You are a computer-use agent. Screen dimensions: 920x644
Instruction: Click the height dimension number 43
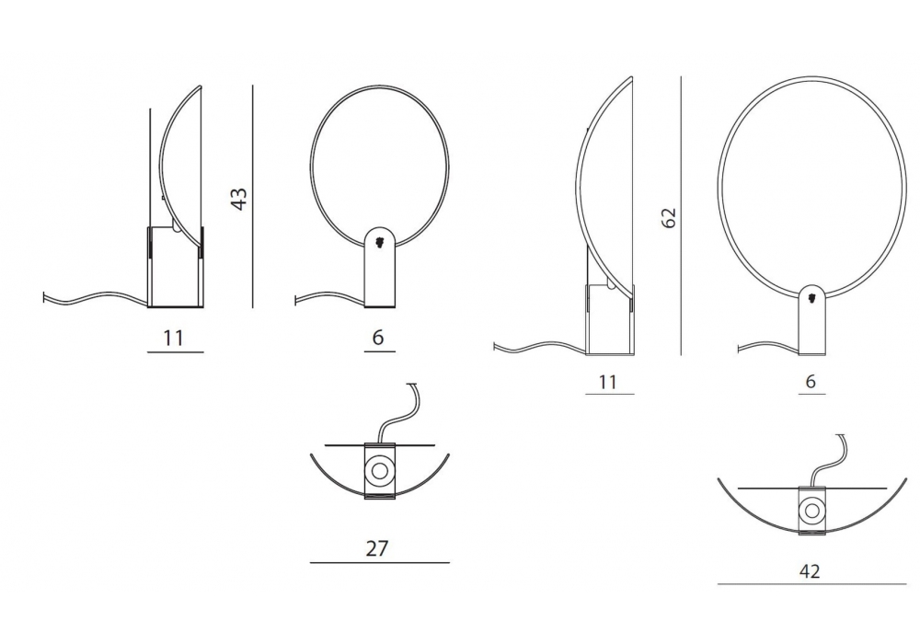[x=239, y=199]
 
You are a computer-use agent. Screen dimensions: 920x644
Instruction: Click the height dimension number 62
[x=668, y=218]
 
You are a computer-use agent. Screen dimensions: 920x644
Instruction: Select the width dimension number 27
[x=377, y=548]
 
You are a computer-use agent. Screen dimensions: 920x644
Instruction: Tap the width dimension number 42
[x=810, y=570]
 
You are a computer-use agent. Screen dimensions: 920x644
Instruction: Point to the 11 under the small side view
[x=174, y=338]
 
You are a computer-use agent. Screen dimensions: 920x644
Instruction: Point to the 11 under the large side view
[x=608, y=382]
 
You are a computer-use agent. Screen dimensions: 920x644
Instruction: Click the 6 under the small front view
[x=378, y=338]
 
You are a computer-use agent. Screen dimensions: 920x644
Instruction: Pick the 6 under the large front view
[x=811, y=381]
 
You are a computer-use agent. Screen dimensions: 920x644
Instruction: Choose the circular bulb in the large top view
[x=812, y=509]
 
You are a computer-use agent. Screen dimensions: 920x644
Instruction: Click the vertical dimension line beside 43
[x=253, y=197]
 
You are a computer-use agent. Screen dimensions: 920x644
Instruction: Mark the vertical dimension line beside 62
[x=681, y=215]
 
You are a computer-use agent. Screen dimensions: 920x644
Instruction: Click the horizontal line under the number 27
[x=380, y=563]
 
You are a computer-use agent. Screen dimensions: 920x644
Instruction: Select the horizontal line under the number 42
[x=811, y=584]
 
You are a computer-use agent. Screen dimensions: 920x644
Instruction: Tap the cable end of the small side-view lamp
[x=44, y=298]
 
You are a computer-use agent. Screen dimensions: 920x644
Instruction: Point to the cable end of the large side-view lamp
[x=496, y=346]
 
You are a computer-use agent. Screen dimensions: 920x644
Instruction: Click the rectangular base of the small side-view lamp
[x=176, y=266]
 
